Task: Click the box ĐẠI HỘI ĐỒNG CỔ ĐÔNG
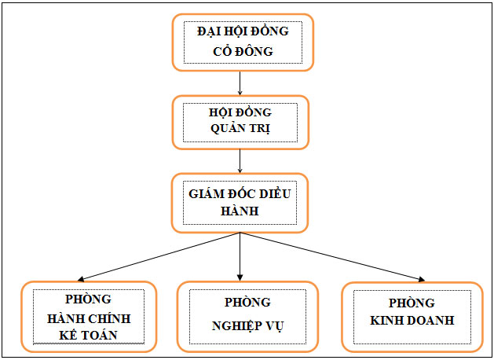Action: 242,42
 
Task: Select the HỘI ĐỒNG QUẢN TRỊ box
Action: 240,122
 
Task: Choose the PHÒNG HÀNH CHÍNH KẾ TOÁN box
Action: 83,316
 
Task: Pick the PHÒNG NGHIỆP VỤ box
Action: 247,316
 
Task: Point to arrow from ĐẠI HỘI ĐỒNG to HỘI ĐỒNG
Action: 240,82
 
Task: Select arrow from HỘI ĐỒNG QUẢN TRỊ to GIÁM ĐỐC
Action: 240,160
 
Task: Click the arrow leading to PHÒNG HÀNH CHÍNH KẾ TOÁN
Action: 157,257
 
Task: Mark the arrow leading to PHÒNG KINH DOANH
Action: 330,256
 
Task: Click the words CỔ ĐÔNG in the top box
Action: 242,52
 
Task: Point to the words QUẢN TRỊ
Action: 240,130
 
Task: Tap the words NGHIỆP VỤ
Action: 247,325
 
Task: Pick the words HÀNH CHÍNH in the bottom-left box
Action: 88,318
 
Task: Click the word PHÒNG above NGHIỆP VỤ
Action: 247,302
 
